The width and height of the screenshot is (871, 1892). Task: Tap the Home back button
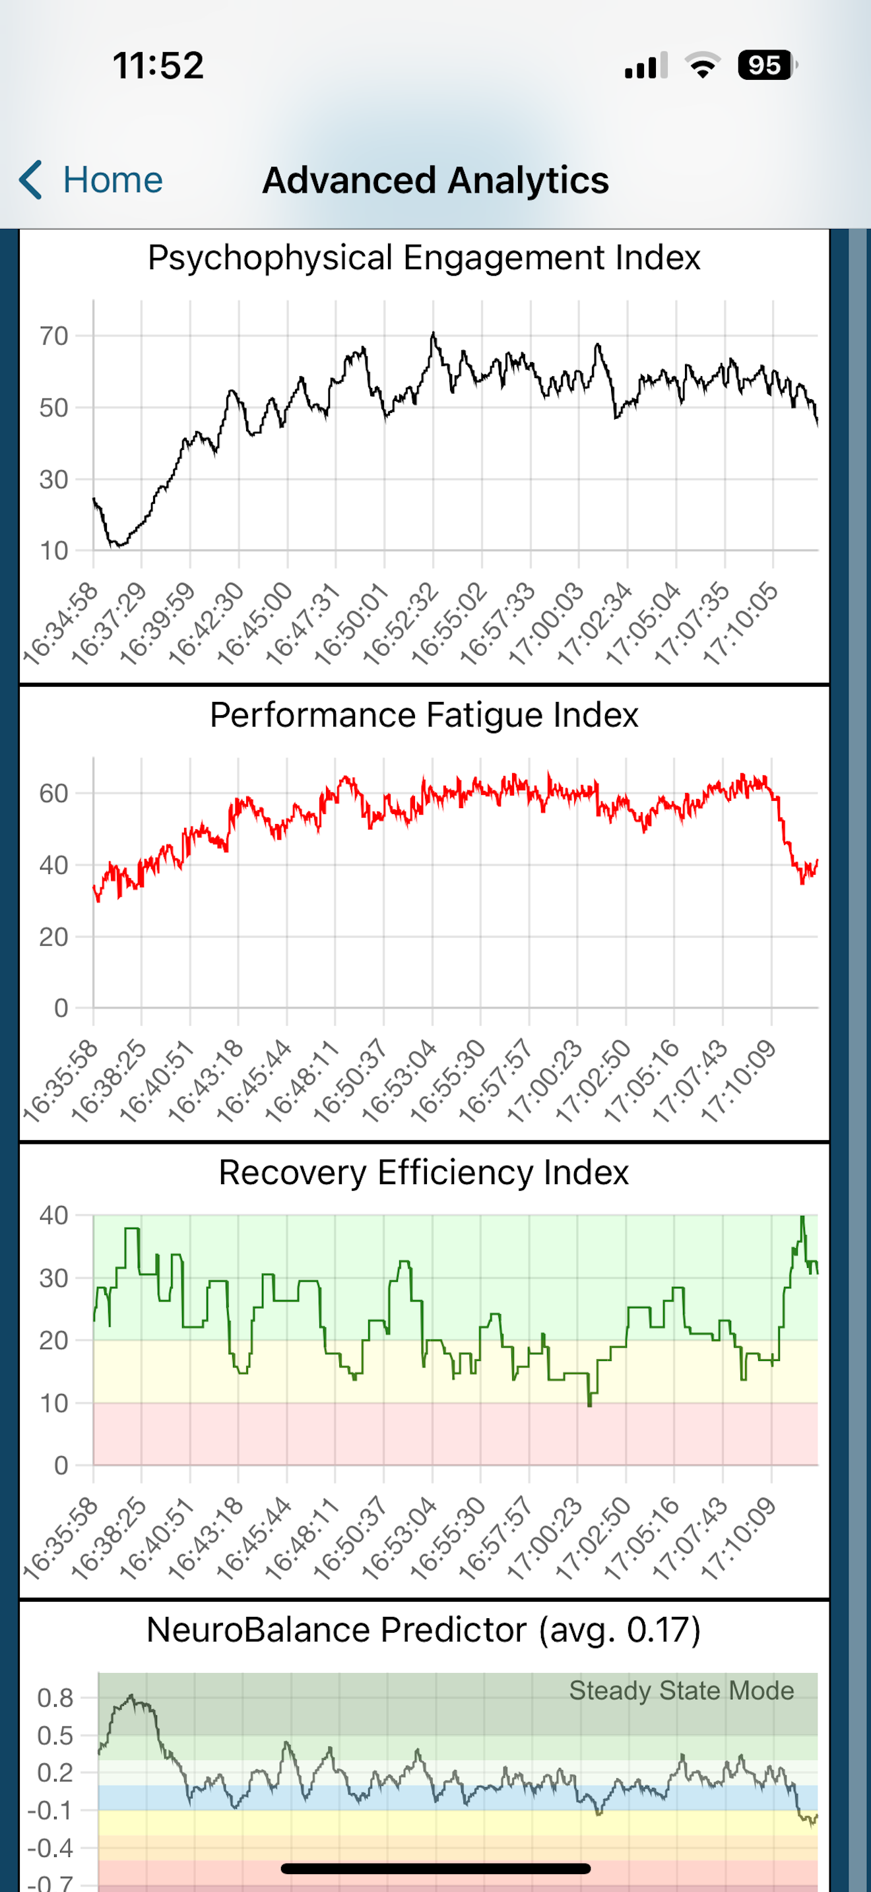(90, 180)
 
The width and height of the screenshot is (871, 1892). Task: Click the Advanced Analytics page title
(435, 181)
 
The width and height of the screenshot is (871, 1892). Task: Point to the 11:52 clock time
(158, 65)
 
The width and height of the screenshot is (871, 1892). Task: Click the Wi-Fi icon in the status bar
(703, 65)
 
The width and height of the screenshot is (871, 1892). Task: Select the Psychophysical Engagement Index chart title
(424, 258)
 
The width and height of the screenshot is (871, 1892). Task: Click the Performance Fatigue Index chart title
(424, 714)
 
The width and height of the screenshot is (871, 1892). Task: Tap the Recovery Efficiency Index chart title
(424, 1172)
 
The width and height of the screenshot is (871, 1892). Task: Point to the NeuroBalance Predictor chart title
(424, 1630)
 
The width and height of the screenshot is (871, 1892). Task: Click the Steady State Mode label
(682, 1690)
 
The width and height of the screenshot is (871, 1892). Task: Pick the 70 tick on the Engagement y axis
(53, 336)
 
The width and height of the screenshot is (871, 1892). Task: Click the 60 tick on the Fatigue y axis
(53, 793)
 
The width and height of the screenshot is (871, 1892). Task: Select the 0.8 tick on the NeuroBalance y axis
(55, 1698)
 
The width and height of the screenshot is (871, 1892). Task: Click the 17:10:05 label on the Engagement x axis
(741, 623)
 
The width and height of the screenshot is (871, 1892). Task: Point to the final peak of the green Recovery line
(802, 1217)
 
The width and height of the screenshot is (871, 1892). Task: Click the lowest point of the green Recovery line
(590, 1405)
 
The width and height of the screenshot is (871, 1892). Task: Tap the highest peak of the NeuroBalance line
(131, 1695)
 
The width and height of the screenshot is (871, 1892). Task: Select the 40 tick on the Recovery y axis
(53, 1216)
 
